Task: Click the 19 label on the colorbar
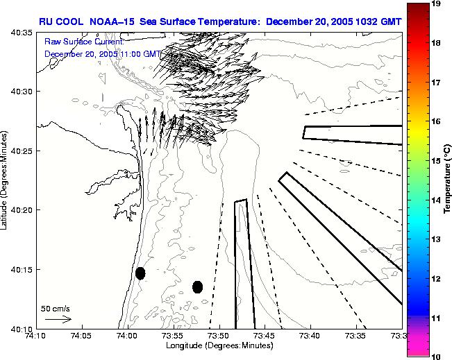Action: (437, 4)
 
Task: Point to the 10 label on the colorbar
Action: (437, 356)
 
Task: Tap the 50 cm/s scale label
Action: (56, 308)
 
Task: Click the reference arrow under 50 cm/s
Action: (58, 319)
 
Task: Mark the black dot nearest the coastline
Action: (140, 273)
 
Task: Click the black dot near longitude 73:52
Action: (198, 286)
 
